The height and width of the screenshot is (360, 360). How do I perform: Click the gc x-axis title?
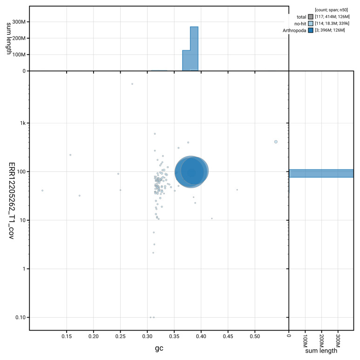(159, 348)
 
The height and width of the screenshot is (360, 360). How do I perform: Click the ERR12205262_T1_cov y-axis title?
(12, 201)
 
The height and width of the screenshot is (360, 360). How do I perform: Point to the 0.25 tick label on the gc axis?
(120, 336)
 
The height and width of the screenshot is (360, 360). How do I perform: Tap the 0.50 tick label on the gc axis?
(255, 336)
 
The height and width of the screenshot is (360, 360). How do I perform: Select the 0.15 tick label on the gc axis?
(67, 336)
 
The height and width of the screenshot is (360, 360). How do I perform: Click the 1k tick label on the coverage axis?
(23, 123)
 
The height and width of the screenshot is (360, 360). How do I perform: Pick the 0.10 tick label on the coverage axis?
(20, 317)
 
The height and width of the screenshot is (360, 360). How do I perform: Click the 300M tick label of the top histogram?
(19, 22)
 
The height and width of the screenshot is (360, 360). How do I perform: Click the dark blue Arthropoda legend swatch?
(311, 30)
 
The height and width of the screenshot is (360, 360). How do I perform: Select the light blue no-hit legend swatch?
(311, 23)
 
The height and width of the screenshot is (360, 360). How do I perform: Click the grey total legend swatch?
(311, 17)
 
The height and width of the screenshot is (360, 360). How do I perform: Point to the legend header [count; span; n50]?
(331, 10)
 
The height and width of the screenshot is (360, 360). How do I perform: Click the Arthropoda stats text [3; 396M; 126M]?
(330, 30)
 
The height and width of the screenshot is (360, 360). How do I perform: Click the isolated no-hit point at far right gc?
(276, 142)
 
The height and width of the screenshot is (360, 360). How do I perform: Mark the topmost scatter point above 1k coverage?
(132, 84)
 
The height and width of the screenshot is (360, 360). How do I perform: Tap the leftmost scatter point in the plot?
(42, 190)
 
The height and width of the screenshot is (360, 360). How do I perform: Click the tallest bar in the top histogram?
(194, 49)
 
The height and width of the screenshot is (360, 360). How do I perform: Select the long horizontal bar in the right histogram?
(321, 173)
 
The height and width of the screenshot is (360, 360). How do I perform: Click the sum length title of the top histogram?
(9, 38)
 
